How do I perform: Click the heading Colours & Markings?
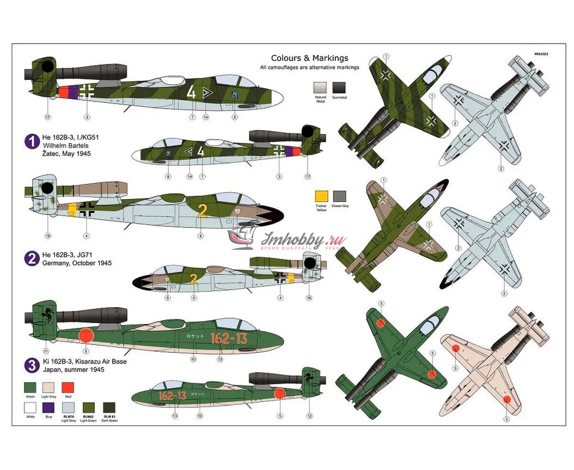[x=309, y=58]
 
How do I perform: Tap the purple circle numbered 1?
[x=32, y=141]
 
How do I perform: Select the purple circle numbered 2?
[x=32, y=259]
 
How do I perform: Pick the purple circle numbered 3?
[x=32, y=366]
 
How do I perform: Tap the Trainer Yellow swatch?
[x=321, y=197]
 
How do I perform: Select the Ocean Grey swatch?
[x=339, y=197]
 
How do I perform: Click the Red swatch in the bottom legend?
[x=68, y=388]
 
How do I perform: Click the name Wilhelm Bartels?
[x=66, y=145]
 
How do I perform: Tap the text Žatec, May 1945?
[x=66, y=154]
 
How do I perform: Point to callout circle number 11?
[x=46, y=344]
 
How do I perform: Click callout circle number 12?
[x=309, y=416]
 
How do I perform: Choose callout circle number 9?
[x=167, y=298]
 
